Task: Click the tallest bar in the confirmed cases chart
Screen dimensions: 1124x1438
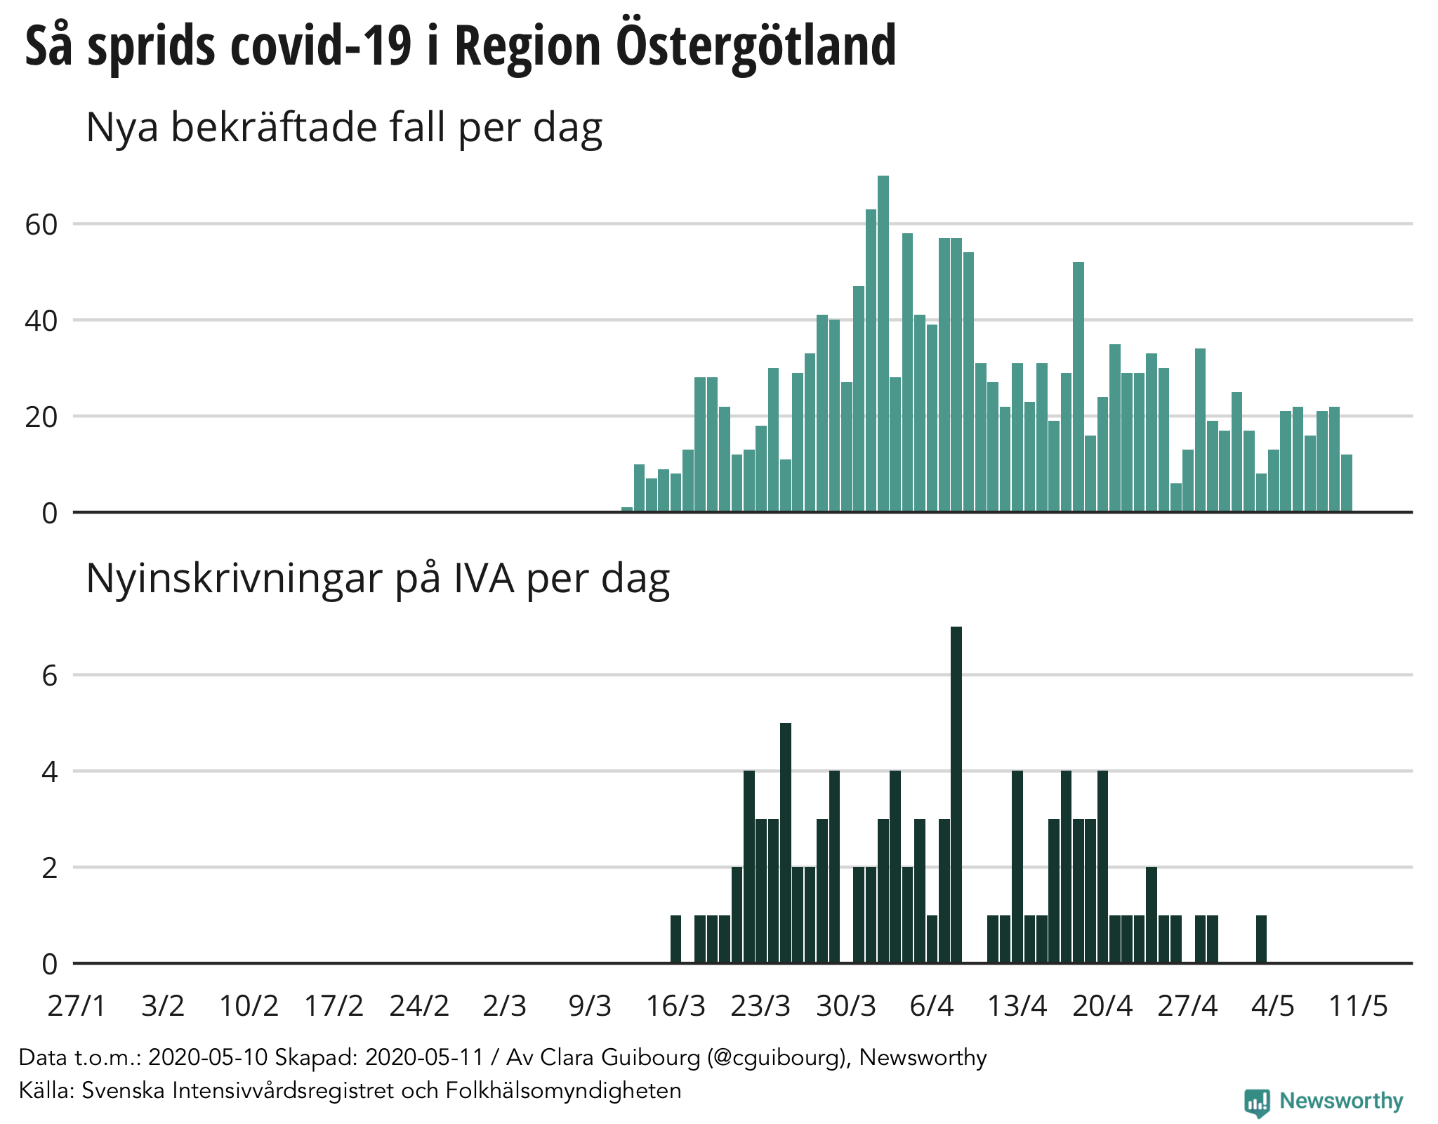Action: click(x=883, y=344)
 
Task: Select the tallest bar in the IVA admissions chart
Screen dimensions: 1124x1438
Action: click(x=956, y=794)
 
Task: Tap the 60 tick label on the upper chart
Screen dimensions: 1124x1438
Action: click(x=41, y=225)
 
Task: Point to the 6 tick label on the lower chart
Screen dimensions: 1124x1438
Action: click(x=49, y=676)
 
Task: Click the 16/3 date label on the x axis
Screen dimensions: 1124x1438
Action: click(x=675, y=1006)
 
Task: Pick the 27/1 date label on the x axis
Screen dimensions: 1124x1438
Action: click(x=77, y=1006)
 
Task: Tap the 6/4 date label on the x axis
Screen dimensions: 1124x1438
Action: click(x=932, y=1006)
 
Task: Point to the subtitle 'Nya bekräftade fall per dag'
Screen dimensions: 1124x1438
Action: click(x=344, y=128)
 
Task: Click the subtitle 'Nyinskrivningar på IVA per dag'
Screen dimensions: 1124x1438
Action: click(x=378, y=579)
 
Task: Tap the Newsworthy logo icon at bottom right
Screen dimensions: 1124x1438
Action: click(x=1257, y=1102)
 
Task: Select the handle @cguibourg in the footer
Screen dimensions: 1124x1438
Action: click(x=777, y=1057)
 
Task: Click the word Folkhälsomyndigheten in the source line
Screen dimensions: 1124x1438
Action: click(x=564, y=1090)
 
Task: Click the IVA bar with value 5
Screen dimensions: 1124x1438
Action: click(x=786, y=843)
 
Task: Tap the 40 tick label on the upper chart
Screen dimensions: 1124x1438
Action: click(x=41, y=321)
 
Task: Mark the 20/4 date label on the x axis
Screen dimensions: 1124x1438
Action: click(x=1102, y=1006)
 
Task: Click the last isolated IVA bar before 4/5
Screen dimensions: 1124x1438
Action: click(x=1261, y=939)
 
